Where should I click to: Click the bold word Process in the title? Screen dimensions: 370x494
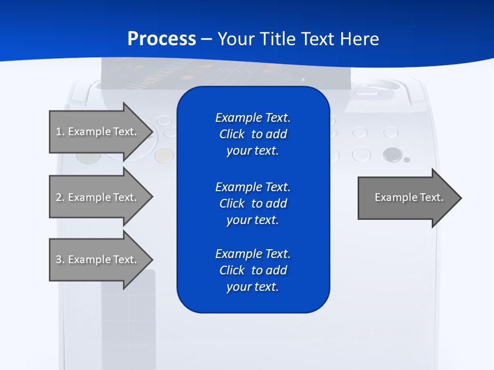point(162,39)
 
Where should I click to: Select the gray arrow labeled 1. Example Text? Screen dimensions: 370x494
point(98,132)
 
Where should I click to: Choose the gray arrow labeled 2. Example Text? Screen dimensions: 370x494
point(98,197)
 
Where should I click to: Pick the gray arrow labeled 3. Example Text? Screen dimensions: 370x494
point(98,260)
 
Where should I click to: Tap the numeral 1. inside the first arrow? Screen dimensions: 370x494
point(60,132)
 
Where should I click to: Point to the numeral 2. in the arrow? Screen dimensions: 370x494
point(60,197)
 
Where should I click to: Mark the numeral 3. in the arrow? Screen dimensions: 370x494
point(60,260)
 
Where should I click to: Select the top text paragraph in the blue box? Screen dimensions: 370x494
point(253,134)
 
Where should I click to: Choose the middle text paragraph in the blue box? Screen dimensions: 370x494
point(253,203)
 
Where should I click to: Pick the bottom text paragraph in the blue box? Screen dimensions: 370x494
point(253,270)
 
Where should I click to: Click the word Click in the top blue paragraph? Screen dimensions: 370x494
point(232,134)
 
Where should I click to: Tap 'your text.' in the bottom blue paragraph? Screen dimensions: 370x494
point(253,287)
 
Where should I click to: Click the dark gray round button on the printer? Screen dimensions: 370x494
point(392,154)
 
